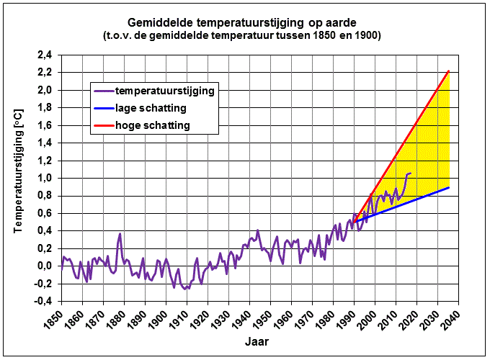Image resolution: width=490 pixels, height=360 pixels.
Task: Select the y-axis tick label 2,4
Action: click(x=45, y=55)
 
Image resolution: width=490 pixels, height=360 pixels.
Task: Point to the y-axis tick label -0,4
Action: click(x=43, y=301)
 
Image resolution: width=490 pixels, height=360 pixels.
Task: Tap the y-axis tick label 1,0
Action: click(x=45, y=179)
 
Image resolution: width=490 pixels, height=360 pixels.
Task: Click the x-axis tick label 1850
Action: click(x=53, y=320)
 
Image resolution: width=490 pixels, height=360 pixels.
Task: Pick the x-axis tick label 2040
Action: click(x=450, y=320)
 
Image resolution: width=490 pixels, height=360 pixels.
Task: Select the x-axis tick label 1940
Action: click(x=241, y=320)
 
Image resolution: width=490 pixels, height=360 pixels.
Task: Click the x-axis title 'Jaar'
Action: click(x=257, y=341)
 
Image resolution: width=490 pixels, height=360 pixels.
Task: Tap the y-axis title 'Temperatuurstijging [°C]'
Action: click(x=19, y=171)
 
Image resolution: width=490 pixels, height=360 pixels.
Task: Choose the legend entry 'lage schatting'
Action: click(x=151, y=108)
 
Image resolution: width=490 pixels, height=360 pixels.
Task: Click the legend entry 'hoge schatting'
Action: click(x=153, y=125)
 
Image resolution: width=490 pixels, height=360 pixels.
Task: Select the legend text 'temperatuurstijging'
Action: click(x=165, y=91)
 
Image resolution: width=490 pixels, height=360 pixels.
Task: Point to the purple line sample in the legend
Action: click(x=104, y=91)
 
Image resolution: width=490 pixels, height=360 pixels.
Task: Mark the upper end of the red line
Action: click(x=448, y=71)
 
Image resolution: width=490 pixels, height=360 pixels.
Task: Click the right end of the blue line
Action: click(x=448, y=187)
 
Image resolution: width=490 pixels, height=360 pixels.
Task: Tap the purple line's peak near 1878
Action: click(x=120, y=233)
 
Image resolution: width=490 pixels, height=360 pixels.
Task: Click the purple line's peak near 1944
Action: click(x=258, y=230)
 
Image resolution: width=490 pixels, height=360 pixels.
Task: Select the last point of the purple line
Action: click(x=411, y=173)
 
